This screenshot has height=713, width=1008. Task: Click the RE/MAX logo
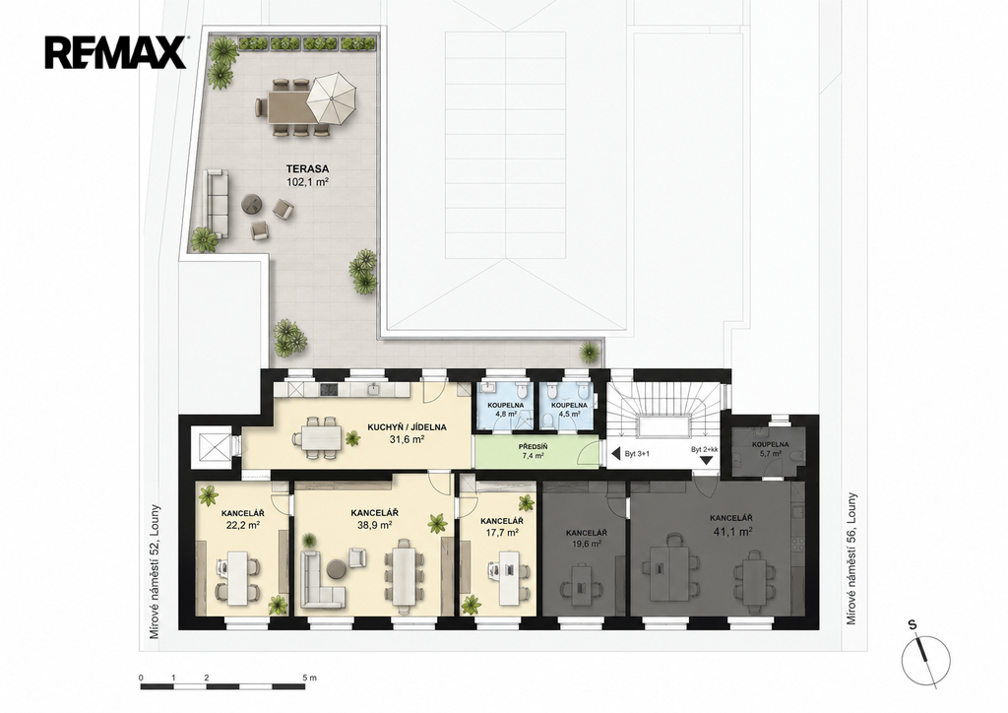(116, 53)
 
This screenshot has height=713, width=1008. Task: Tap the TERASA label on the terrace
(307, 169)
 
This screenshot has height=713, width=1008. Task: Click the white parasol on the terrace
(332, 98)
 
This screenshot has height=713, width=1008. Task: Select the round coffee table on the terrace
(251, 204)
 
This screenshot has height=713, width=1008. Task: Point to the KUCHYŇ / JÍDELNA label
(407, 426)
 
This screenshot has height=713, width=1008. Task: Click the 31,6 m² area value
(407, 440)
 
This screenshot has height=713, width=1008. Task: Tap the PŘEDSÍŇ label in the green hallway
(533, 446)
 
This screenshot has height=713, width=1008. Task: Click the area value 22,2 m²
(242, 525)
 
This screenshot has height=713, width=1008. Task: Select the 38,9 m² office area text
(375, 525)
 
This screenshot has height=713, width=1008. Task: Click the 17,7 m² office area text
(501, 533)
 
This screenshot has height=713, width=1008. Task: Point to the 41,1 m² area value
(732, 532)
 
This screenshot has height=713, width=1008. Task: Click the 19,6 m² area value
(587, 544)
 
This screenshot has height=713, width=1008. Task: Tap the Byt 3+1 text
(637, 454)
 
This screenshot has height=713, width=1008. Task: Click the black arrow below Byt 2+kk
(706, 460)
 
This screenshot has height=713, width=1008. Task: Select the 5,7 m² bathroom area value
(770, 454)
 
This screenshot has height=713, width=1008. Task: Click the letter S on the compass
(913, 624)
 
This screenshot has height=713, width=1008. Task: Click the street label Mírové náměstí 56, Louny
(851, 558)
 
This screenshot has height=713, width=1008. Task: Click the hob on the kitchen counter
(329, 389)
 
